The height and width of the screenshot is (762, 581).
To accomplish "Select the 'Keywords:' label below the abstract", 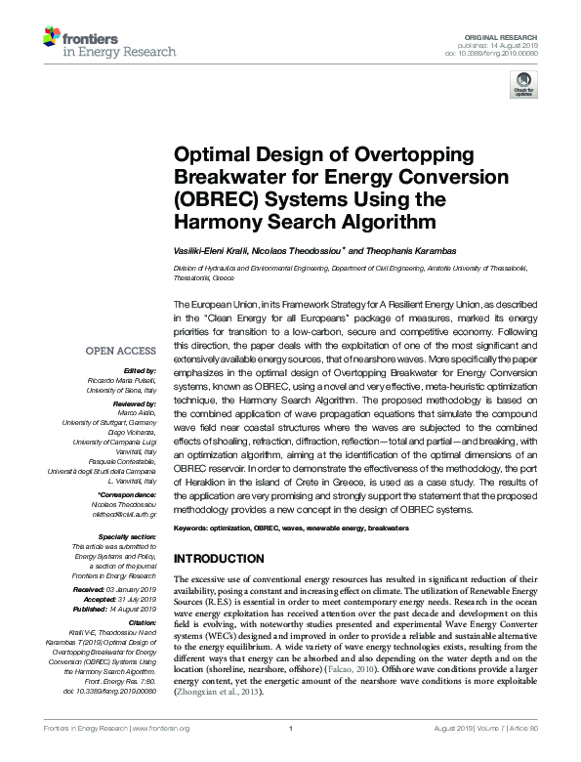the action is point(194,528).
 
